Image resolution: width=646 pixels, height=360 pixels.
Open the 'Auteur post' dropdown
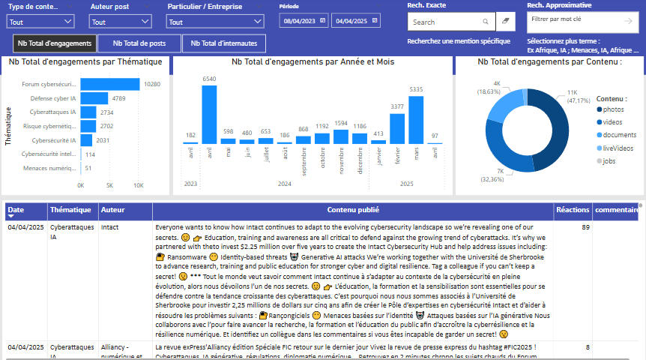118,22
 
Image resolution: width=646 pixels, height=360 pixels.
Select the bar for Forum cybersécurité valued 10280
110,84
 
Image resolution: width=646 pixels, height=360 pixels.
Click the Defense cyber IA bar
94,98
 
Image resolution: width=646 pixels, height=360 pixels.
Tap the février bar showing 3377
397,128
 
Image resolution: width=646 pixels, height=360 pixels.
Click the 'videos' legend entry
613,121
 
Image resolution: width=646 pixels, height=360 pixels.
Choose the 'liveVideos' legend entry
618,148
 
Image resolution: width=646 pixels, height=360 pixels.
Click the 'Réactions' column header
573,210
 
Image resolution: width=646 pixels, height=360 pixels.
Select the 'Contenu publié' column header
352,210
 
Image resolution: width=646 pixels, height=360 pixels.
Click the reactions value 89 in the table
585,226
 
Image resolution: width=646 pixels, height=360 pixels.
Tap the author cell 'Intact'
109,226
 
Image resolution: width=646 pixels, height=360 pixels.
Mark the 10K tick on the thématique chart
139,185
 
